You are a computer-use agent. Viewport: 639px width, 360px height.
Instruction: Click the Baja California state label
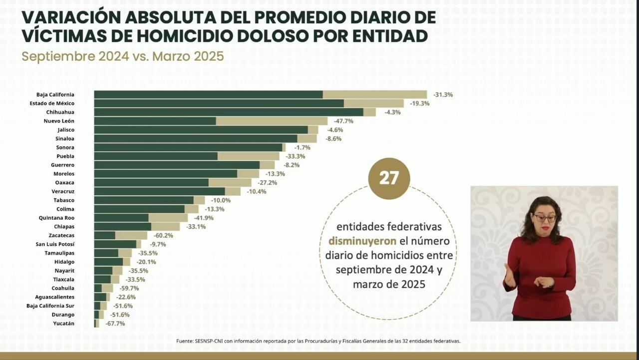click(x=55, y=94)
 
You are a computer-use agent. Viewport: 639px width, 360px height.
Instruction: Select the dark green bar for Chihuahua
click(x=229, y=112)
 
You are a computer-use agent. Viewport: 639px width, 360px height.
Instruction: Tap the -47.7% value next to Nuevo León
click(x=343, y=121)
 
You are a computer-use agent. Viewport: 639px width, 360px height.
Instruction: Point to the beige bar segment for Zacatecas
click(x=131, y=235)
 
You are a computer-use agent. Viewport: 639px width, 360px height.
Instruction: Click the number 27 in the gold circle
click(x=389, y=178)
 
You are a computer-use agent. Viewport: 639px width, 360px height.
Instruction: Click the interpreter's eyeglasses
click(x=545, y=218)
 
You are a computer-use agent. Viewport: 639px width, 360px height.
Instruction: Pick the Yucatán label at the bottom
click(x=63, y=324)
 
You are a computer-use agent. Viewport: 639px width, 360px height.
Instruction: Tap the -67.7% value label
click(x=115, y=324)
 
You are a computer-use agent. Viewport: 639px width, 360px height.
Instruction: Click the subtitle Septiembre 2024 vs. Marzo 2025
click(x=122, y=56)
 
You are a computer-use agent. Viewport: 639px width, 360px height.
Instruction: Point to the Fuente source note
click(x=318, y=341)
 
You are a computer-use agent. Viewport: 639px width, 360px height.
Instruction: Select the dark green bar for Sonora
click(x=188, y=147)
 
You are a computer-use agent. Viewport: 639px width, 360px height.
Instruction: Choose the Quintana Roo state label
click(x=56, y=218)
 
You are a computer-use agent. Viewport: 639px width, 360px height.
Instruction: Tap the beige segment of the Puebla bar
click(x=248, y=156)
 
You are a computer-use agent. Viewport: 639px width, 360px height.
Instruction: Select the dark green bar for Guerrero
click(x=177, y=165)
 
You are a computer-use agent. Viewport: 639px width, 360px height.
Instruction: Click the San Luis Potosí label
click(x=55, y=244)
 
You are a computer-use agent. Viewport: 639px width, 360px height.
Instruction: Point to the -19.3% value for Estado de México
click(x=419, y=103)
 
